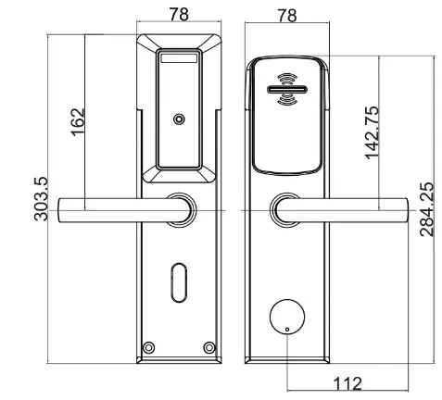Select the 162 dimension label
click(78, 120)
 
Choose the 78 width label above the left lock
click(180, 14)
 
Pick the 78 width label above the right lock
click(287, 14)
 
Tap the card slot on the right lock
click(287, 92)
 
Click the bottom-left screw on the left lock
click(148, 348)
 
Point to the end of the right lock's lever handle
click(400, 210)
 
